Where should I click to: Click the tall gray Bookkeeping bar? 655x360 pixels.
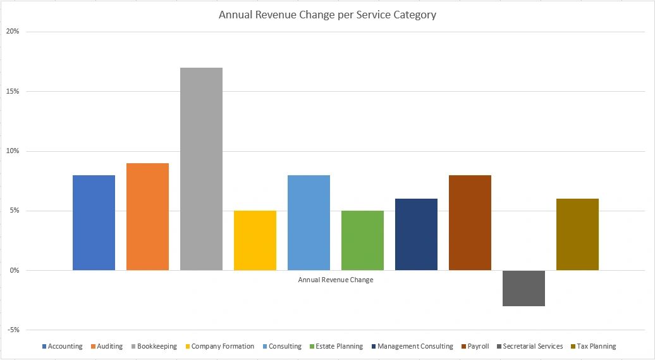[201, 169]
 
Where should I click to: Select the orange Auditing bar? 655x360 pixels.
[147, 216]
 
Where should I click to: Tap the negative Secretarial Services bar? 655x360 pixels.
[523, 288]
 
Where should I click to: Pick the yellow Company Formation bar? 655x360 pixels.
[255, 240]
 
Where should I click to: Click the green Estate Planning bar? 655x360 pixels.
[362, 240]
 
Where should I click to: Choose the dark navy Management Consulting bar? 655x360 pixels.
[416, 234]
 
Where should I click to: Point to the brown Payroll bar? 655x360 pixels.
[470, 223]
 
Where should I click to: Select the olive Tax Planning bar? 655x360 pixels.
[577, 234]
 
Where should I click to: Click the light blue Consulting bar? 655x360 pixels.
[309, 223]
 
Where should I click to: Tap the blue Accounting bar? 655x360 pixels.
[94, 223]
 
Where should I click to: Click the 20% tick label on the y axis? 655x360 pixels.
[12, 32]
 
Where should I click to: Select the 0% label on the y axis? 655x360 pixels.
[14, 270]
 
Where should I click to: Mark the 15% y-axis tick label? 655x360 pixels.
[12, 91]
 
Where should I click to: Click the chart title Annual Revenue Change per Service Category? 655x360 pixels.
[327, 15]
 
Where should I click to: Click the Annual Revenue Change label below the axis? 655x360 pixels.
[336, 280]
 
